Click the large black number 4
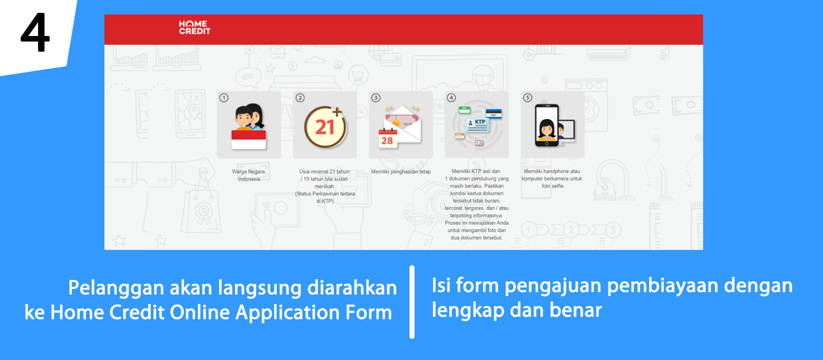[x=35, y=32]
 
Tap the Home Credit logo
[x=194, y=28]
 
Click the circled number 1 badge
[x=224, y=98]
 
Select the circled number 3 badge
[x=375, y=98]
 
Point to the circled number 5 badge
[x=528, y=98]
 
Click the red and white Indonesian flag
[x=248, y=139]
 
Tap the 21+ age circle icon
[x=325, y=127]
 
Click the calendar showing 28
[x=388, y=138]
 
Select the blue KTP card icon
[x=478, y=125]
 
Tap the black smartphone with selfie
[x=547, y=125]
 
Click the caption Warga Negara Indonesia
[x=248, y=175]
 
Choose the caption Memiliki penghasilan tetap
[x=401, y=172]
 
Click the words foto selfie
[x=552, y=186]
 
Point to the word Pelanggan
[x=116, y=289]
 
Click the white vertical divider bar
[x=412, y=302]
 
